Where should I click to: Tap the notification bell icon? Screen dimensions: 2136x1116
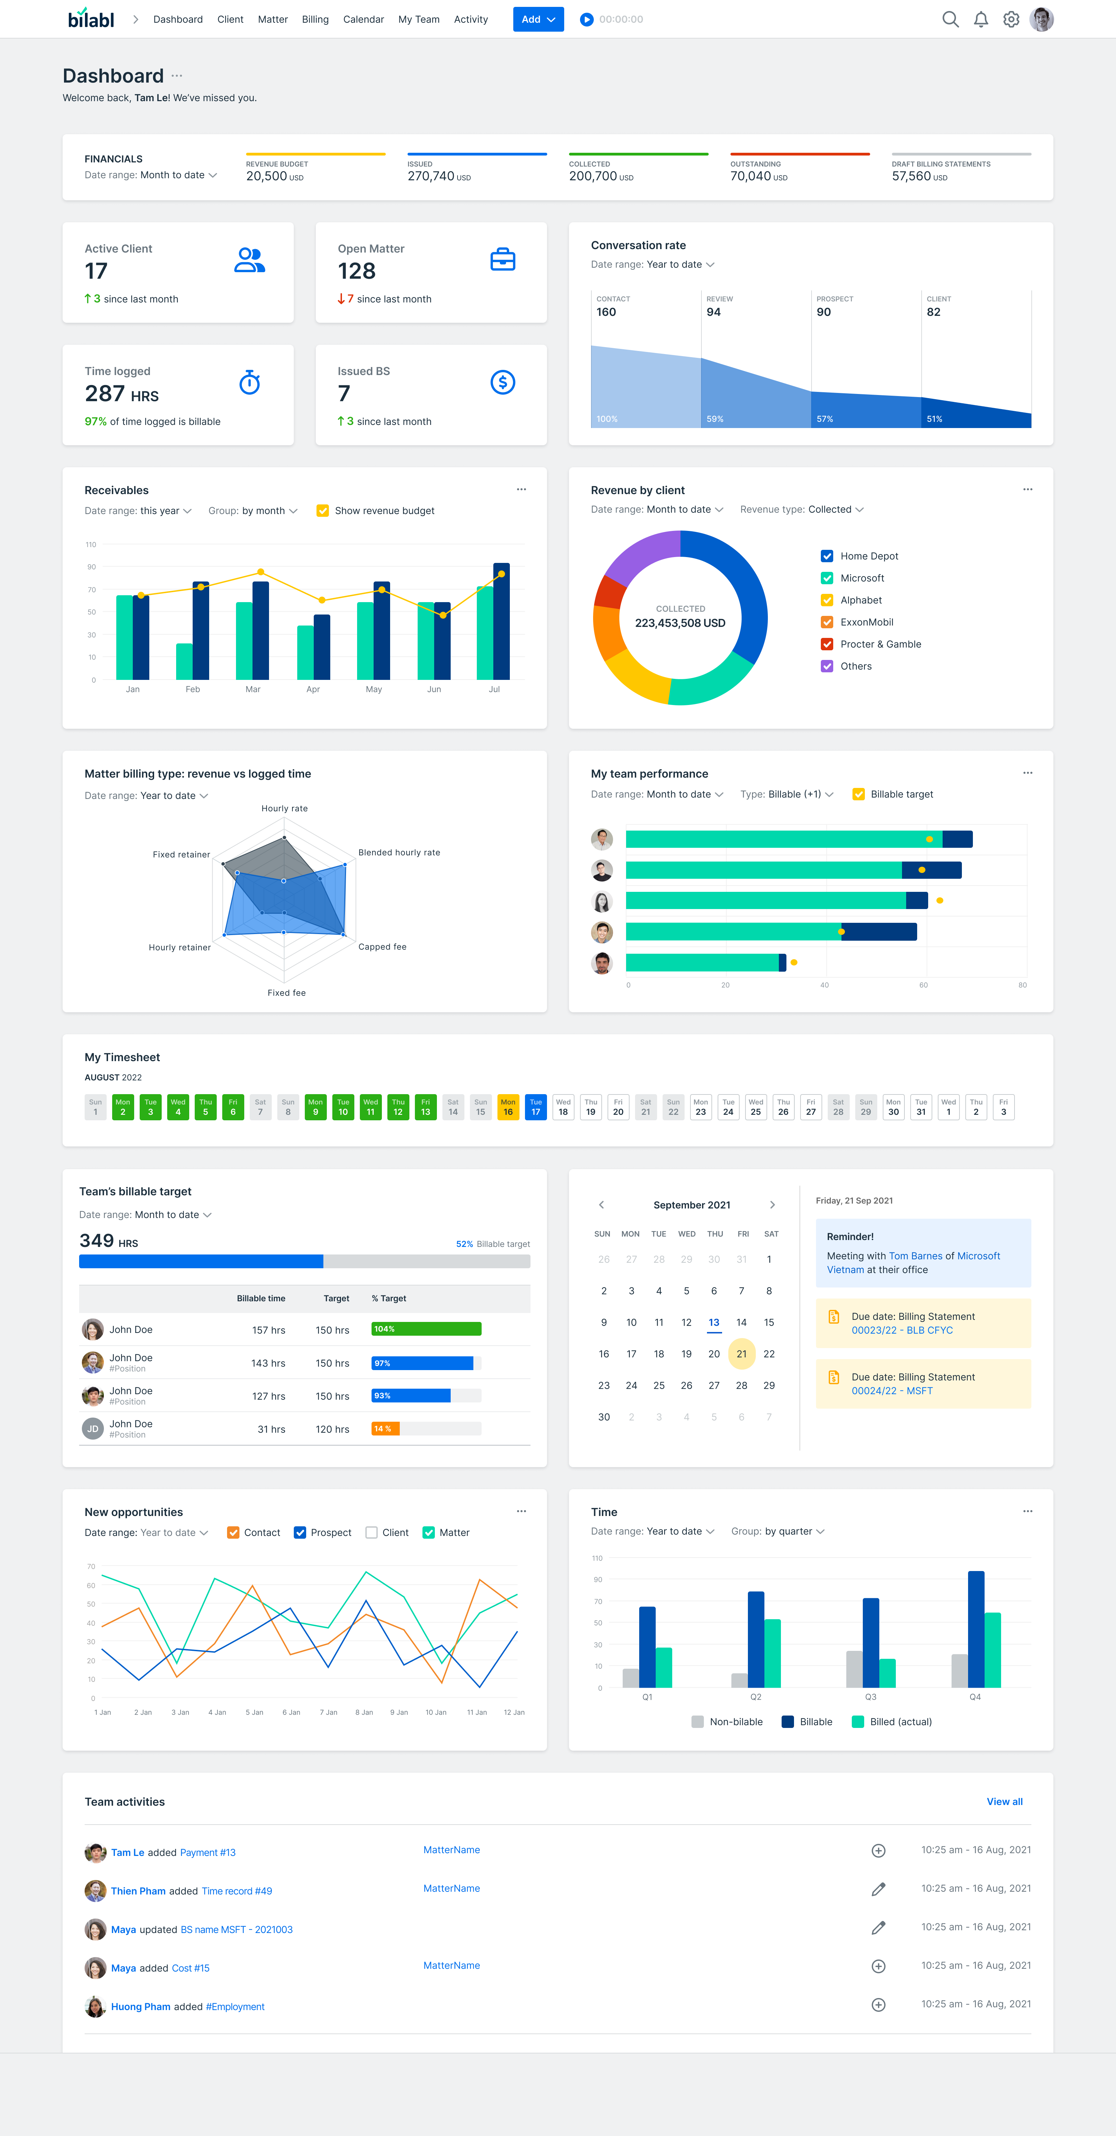[981, 19]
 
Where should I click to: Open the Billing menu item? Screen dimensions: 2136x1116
[315, 19]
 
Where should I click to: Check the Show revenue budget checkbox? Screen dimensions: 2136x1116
[323, 511]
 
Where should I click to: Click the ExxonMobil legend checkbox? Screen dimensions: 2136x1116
[827, 622]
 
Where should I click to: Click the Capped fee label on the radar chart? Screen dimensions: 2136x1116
[382, 947]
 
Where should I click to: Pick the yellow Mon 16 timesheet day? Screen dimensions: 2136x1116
[508, 1107]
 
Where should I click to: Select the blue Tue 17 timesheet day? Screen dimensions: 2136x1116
[536, 1107]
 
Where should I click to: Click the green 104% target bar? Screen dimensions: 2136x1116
[426, 1329]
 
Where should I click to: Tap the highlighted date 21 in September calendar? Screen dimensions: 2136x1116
[741, 1354]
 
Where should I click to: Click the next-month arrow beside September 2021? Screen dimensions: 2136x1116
[772, 1205]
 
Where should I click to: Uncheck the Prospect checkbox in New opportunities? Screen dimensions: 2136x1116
[300, 1532]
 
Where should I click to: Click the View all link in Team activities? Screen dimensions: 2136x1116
[1004, 1802]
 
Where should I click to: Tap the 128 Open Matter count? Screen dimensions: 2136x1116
[356, 271]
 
